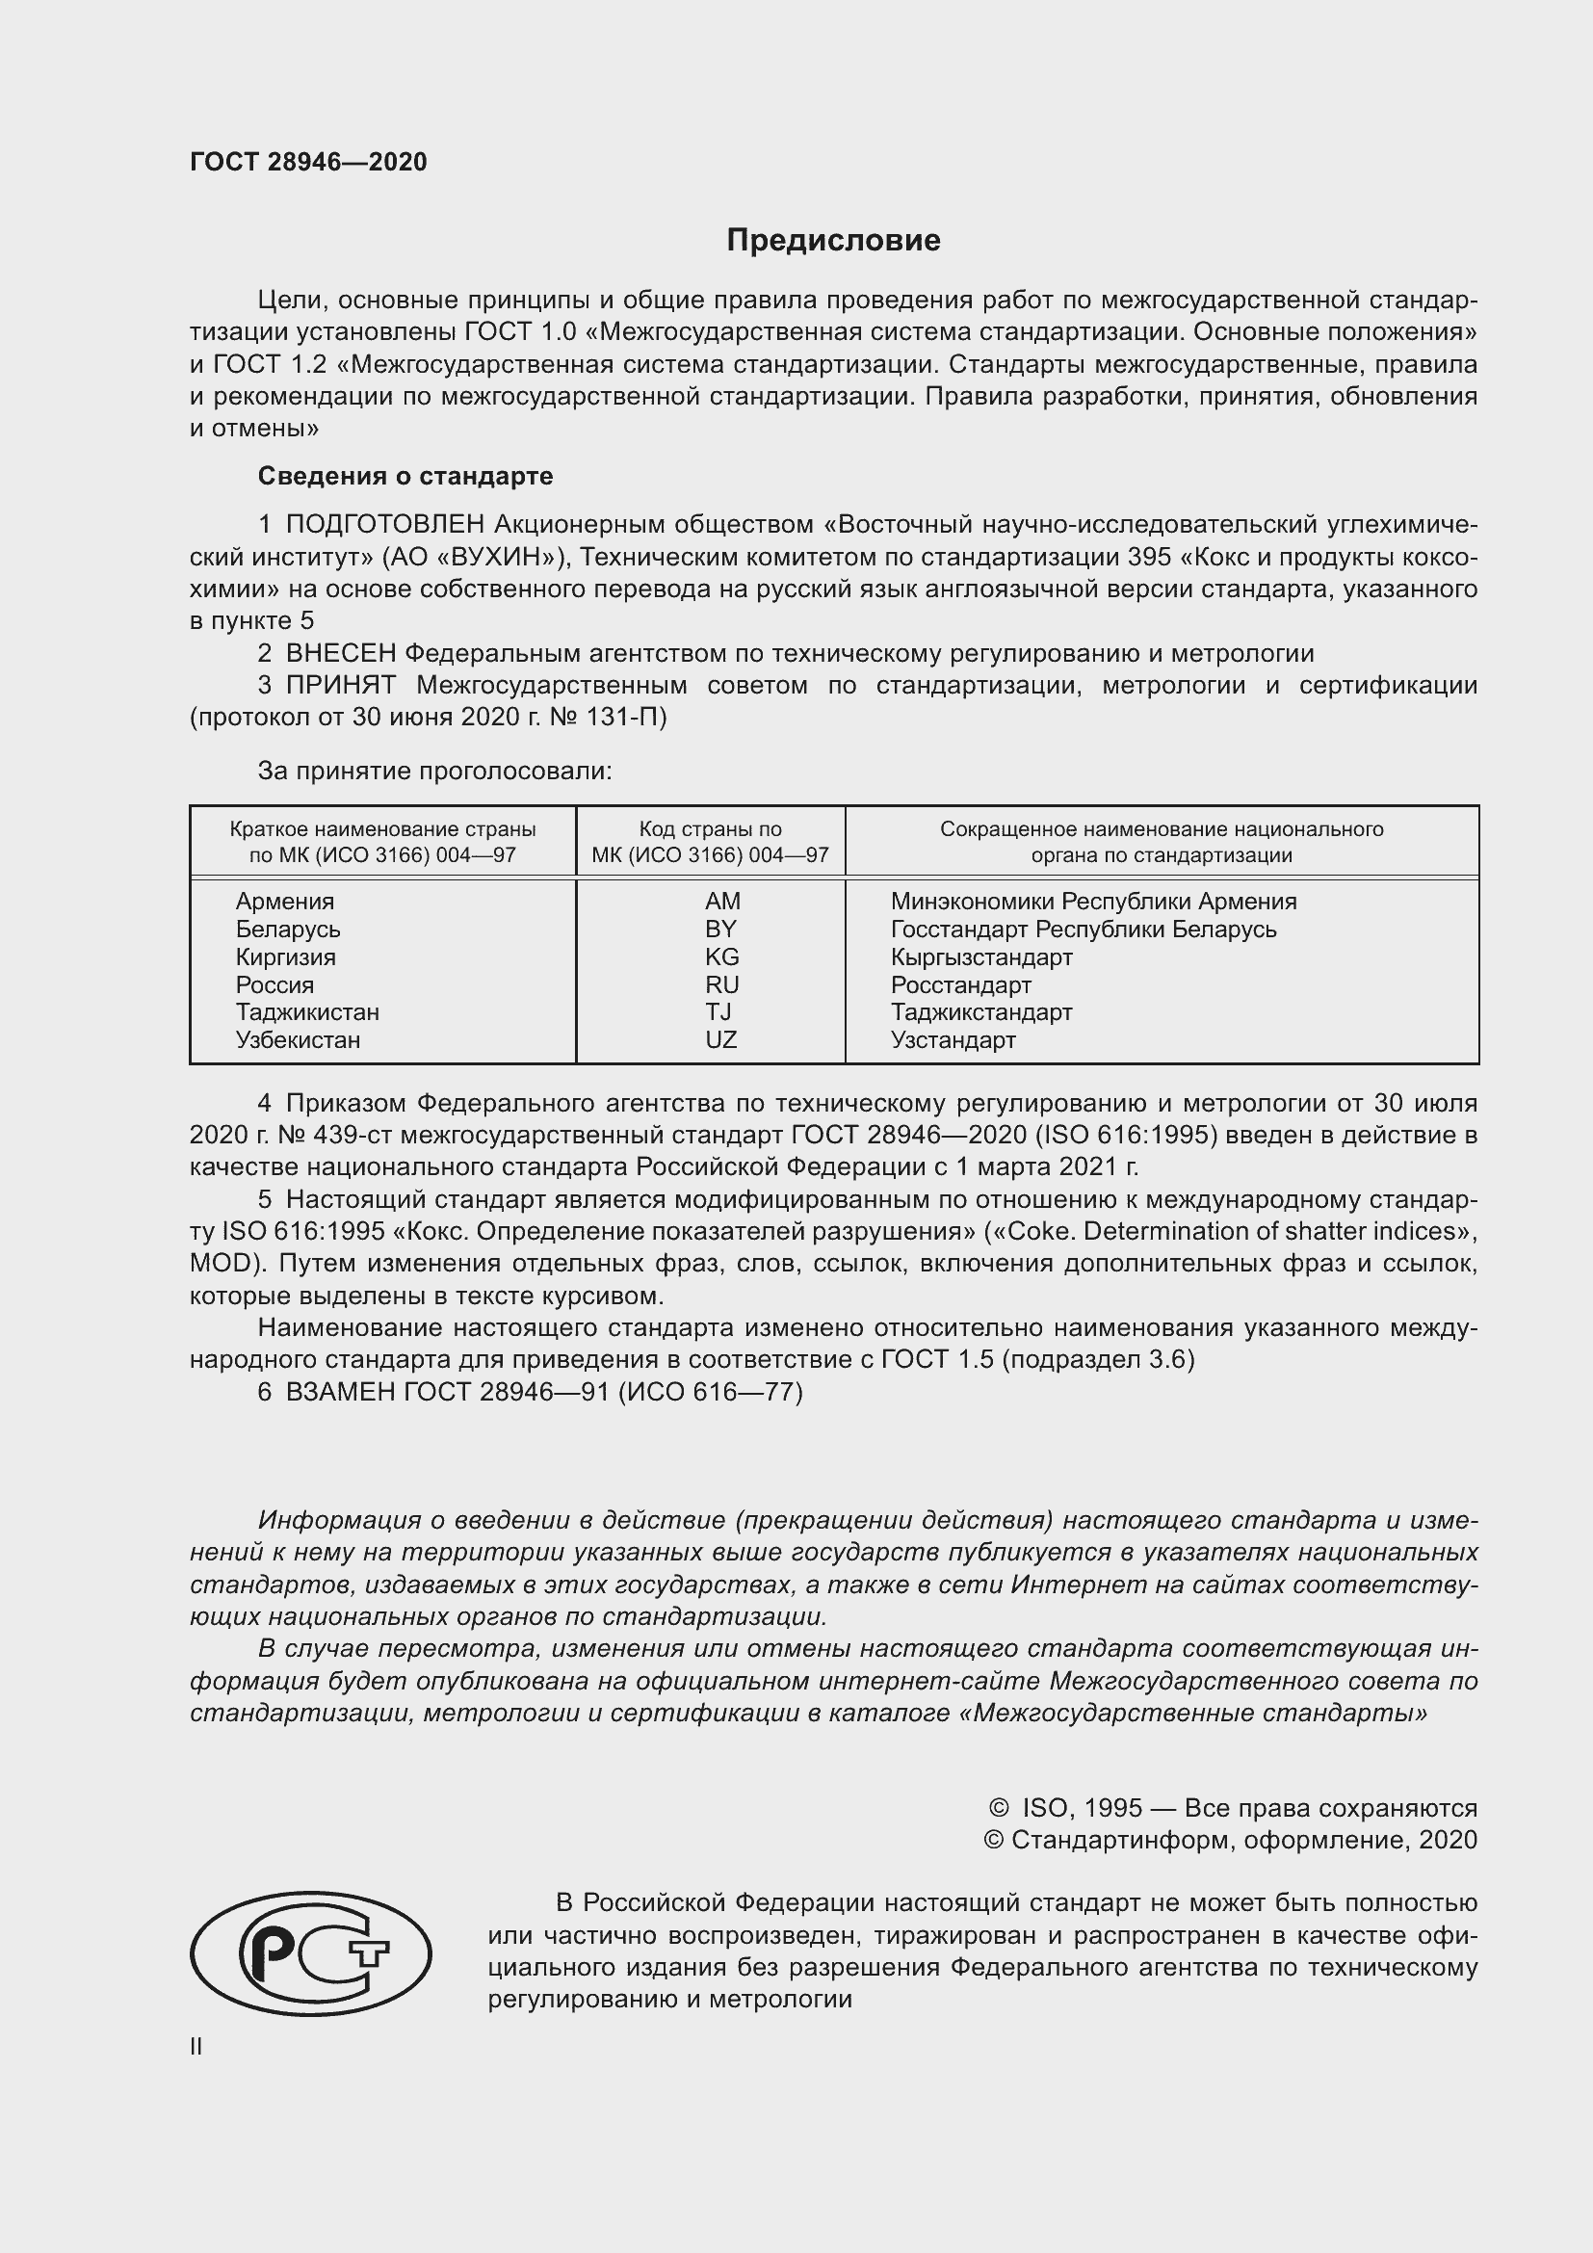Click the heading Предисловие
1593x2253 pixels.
[833, 241]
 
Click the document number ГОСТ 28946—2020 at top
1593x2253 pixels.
[308, 162]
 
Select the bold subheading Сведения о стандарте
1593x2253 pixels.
[405, 476]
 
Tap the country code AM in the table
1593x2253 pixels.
[722, 901]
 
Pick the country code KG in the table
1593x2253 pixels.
[722, 956]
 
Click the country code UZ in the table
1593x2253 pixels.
[721, 1039]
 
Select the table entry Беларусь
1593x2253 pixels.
[287, 930]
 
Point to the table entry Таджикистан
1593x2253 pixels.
[307, 1011]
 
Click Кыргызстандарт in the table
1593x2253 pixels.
[980, 956]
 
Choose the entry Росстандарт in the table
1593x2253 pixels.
[960, 984]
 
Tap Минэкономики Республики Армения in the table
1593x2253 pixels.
[1093, 901]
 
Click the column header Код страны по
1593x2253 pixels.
[710, 829]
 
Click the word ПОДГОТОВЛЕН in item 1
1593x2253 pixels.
[385, 525]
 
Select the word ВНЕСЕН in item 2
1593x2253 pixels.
[341, 653]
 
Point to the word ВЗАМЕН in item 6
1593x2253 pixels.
[340, 1392]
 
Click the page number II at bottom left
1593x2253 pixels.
[196, 2046]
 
